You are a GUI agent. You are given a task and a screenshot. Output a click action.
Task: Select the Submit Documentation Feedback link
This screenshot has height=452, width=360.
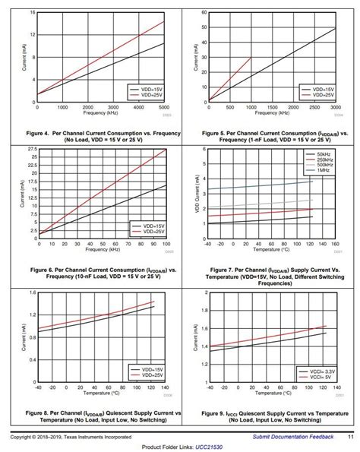pos(292,436)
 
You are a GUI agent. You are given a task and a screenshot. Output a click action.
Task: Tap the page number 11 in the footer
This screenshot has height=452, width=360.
pos(350,436)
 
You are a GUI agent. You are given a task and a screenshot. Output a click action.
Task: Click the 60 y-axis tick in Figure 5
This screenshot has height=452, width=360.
pos(204,13)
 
